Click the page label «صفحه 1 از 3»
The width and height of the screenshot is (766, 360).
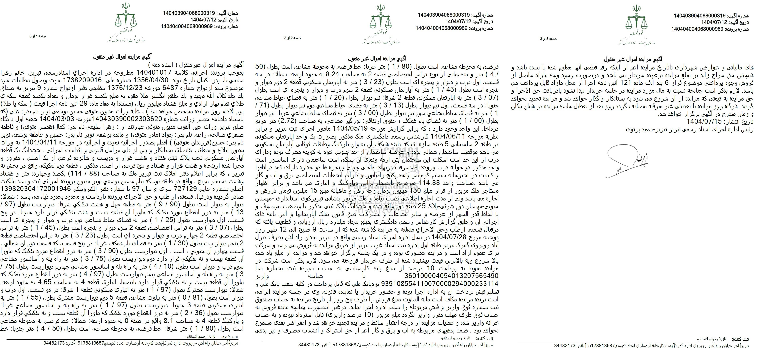click(38, 36)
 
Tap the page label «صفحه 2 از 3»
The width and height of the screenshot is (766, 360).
click(293, 38)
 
